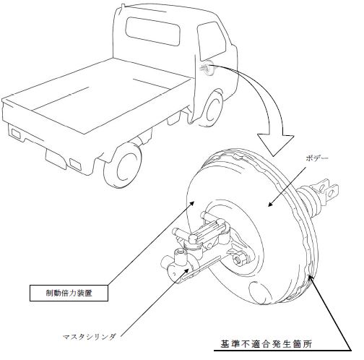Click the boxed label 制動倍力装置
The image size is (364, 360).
[69, 293]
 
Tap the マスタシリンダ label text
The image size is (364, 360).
[90, 337]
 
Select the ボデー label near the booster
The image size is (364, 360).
[317, 158]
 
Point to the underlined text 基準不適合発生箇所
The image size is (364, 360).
[266, 344]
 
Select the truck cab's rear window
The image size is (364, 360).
[153, 32]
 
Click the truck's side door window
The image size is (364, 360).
[212, 41]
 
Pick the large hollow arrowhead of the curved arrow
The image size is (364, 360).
[276, 144]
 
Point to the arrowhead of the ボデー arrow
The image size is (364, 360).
[271, 204]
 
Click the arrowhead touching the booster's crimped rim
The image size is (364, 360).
[311, 280]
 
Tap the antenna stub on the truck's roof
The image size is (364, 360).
[123, 7]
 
